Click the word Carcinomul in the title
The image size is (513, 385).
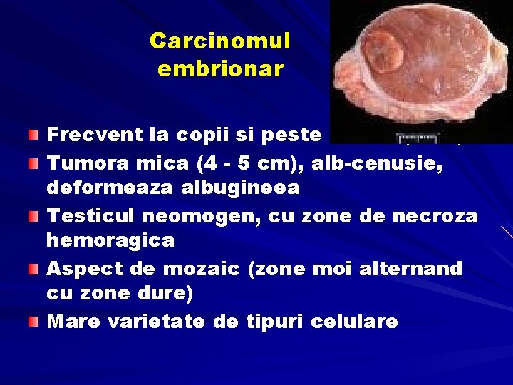[220, 41]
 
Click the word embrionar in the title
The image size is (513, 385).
[220, 69]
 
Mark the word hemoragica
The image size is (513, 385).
[110, 240]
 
